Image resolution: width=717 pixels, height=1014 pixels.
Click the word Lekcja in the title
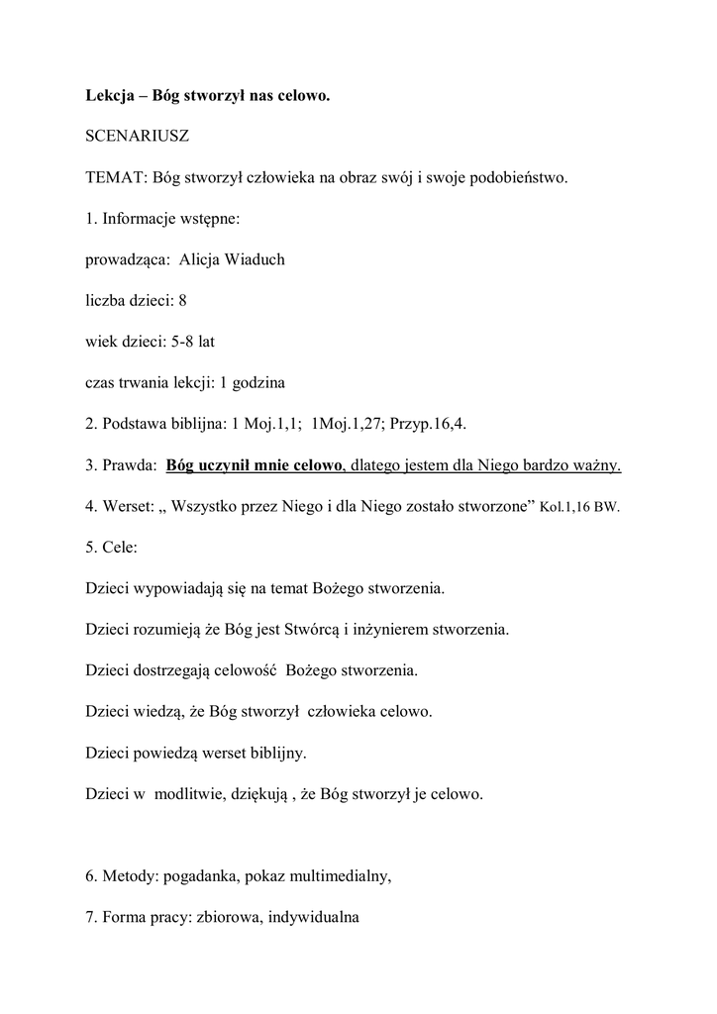[x=109, y=97]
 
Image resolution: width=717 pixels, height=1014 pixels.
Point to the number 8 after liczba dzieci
[x=183, y=300]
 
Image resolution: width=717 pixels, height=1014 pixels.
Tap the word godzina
[x=256, y=381]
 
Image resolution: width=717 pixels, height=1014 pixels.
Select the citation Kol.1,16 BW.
[x=579, y=506]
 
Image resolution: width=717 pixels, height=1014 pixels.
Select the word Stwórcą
[x=314, y=629]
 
